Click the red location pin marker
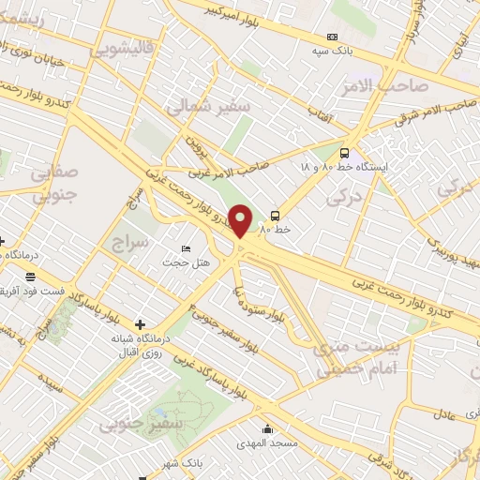pos(241,219)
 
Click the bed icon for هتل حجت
pos(185,248)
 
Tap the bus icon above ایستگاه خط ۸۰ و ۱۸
pos(344,153)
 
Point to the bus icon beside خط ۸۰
pos(275,215)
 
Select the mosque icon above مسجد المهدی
pos(268,430)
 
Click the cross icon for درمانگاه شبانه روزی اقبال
pos(141,324)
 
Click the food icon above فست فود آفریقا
pos(31,277)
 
